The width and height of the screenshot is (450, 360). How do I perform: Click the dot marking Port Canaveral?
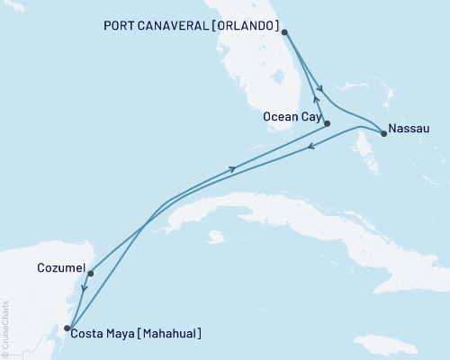coord(284,32)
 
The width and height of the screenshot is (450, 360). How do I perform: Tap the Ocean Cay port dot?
coord(327,123)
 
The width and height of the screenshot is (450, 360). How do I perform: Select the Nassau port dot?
coord(384,134)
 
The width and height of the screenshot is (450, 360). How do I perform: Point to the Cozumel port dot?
coord(91,274)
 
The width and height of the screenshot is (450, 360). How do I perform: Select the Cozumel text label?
coord(61,268)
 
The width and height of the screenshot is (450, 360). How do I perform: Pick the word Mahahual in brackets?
coord(164,334)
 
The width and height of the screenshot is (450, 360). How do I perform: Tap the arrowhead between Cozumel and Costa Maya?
coord(83,289)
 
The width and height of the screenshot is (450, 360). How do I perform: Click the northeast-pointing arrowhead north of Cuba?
coord(234,167)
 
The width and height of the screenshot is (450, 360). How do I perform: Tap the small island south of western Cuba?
coord(214,238)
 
